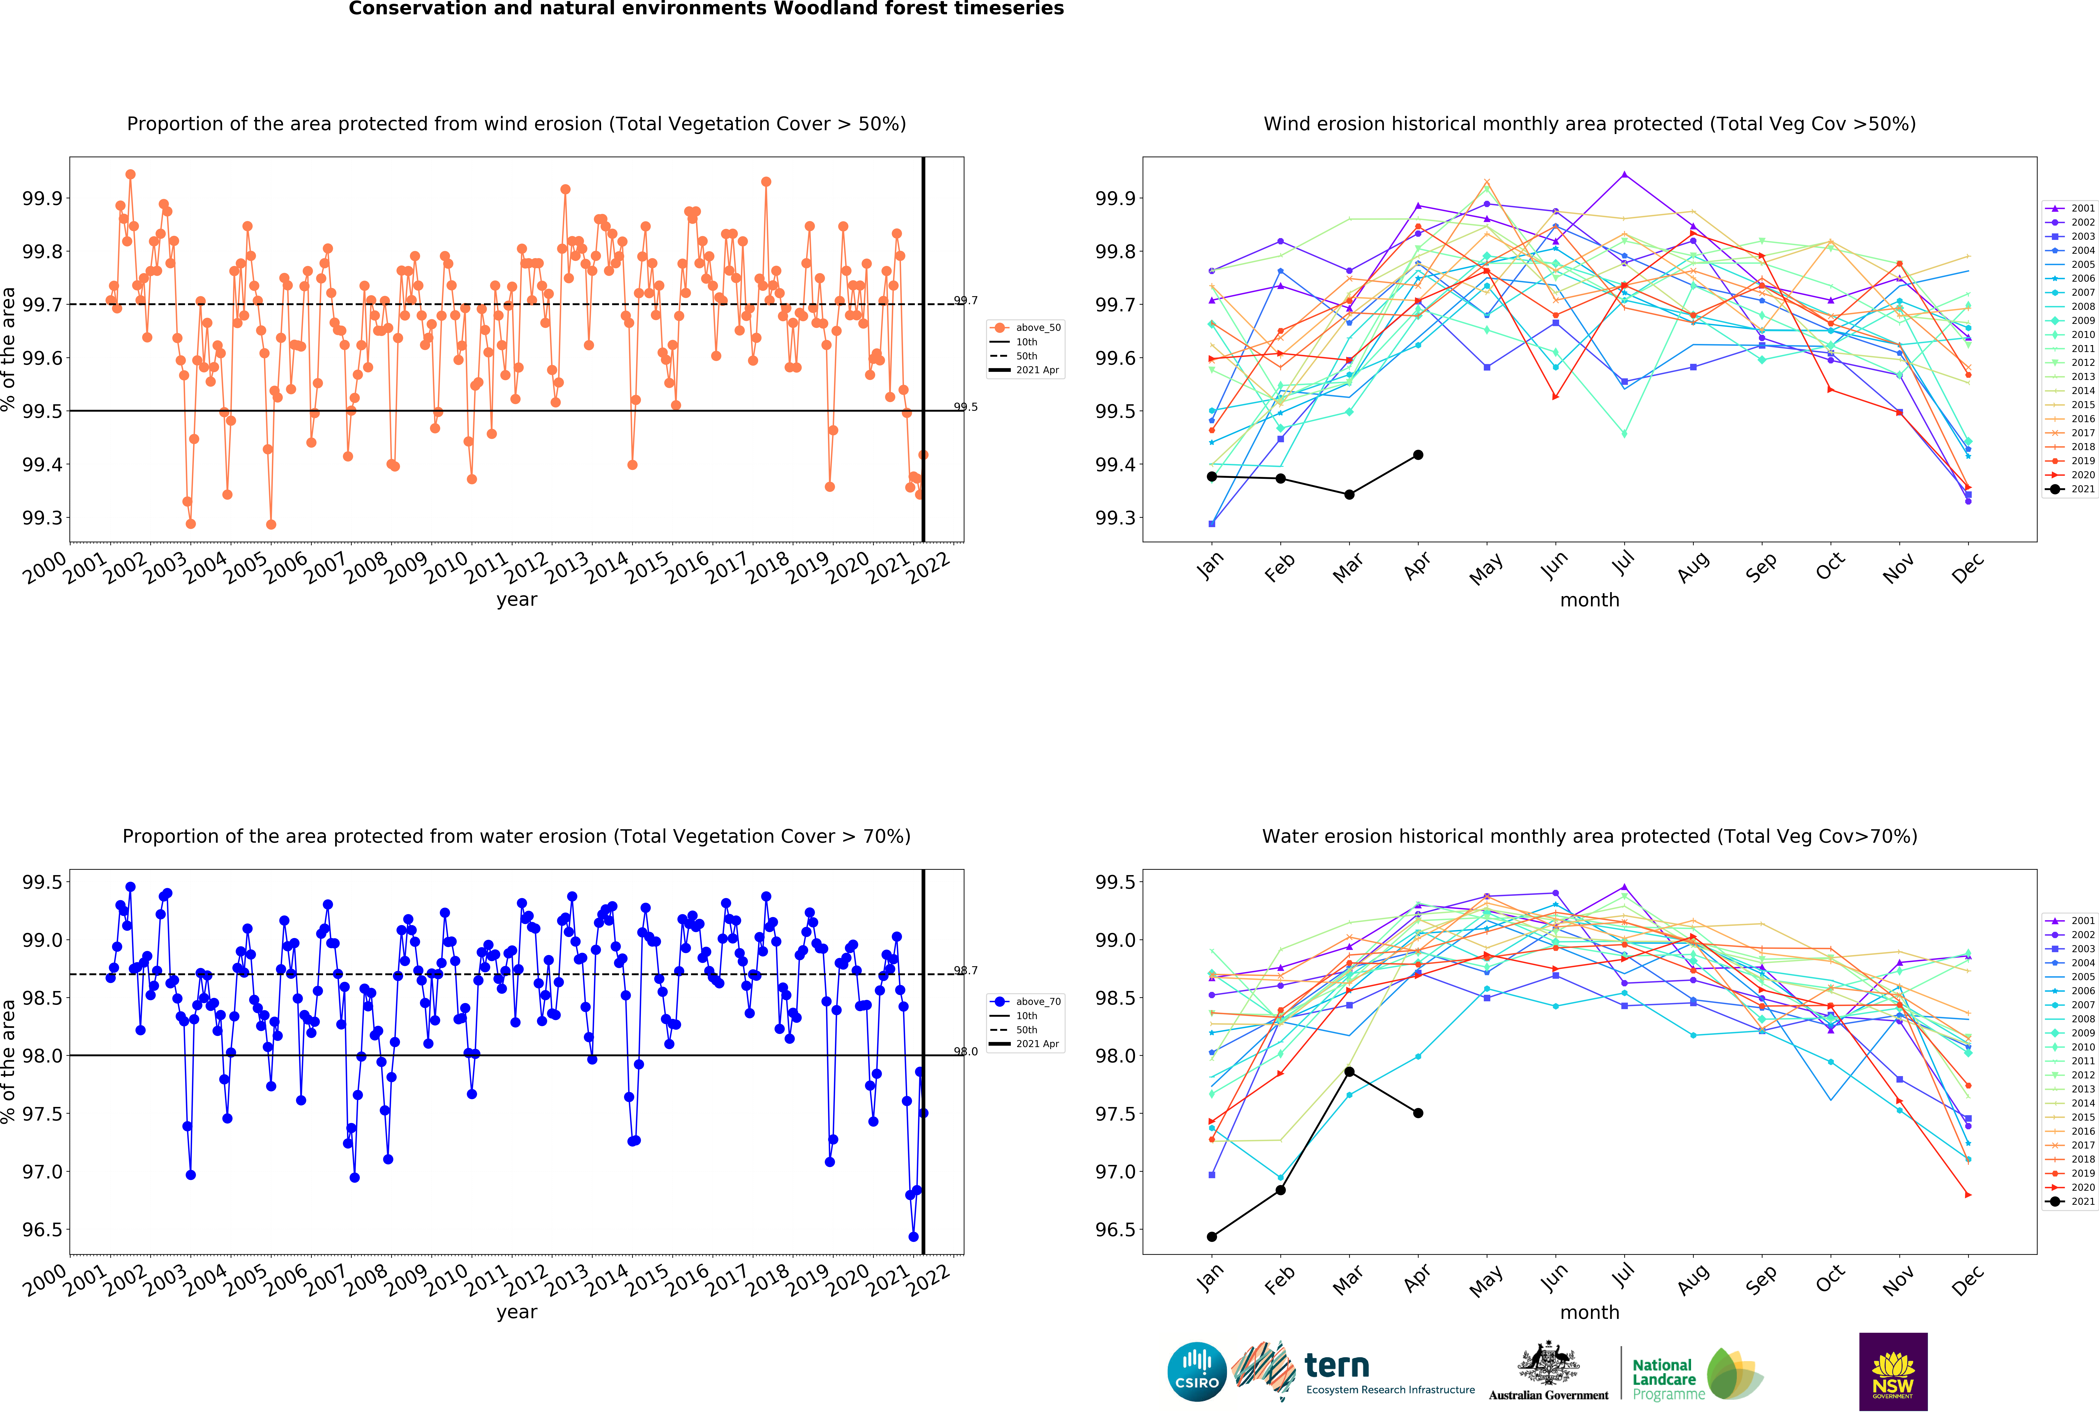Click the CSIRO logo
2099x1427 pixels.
point(1197,1371)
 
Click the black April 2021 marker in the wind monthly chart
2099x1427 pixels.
point(1418,455)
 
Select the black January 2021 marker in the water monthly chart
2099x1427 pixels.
point(1211,1236)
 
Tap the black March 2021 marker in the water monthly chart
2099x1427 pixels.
point(1349,1071)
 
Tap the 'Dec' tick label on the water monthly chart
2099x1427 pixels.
point(1968,1279)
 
